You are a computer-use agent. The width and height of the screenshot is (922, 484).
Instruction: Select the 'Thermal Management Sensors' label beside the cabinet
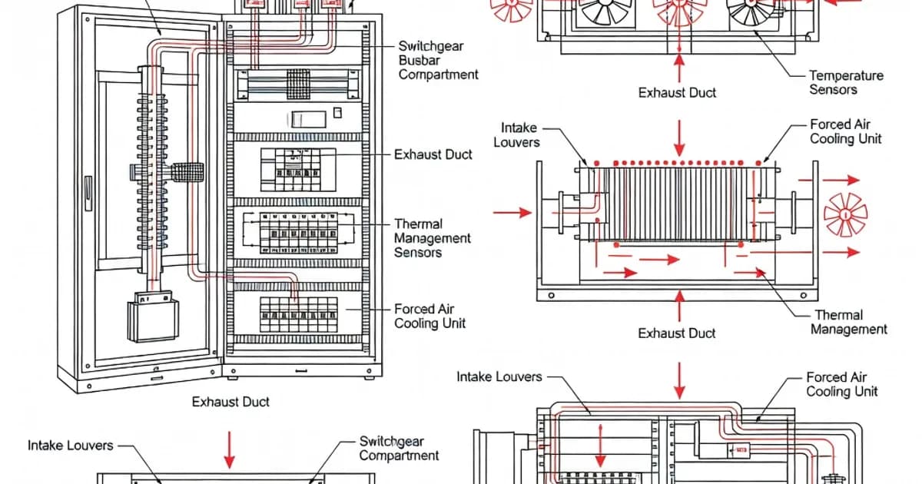432,238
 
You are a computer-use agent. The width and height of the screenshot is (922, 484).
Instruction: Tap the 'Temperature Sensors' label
845,82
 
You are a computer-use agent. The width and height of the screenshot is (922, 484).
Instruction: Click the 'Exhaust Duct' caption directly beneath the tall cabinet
230,401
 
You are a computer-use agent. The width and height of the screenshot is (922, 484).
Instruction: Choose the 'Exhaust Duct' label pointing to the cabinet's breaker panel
433,154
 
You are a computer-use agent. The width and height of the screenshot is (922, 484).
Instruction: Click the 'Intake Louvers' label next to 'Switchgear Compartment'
71,446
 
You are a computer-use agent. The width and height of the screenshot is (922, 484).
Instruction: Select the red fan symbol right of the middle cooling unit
845,214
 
